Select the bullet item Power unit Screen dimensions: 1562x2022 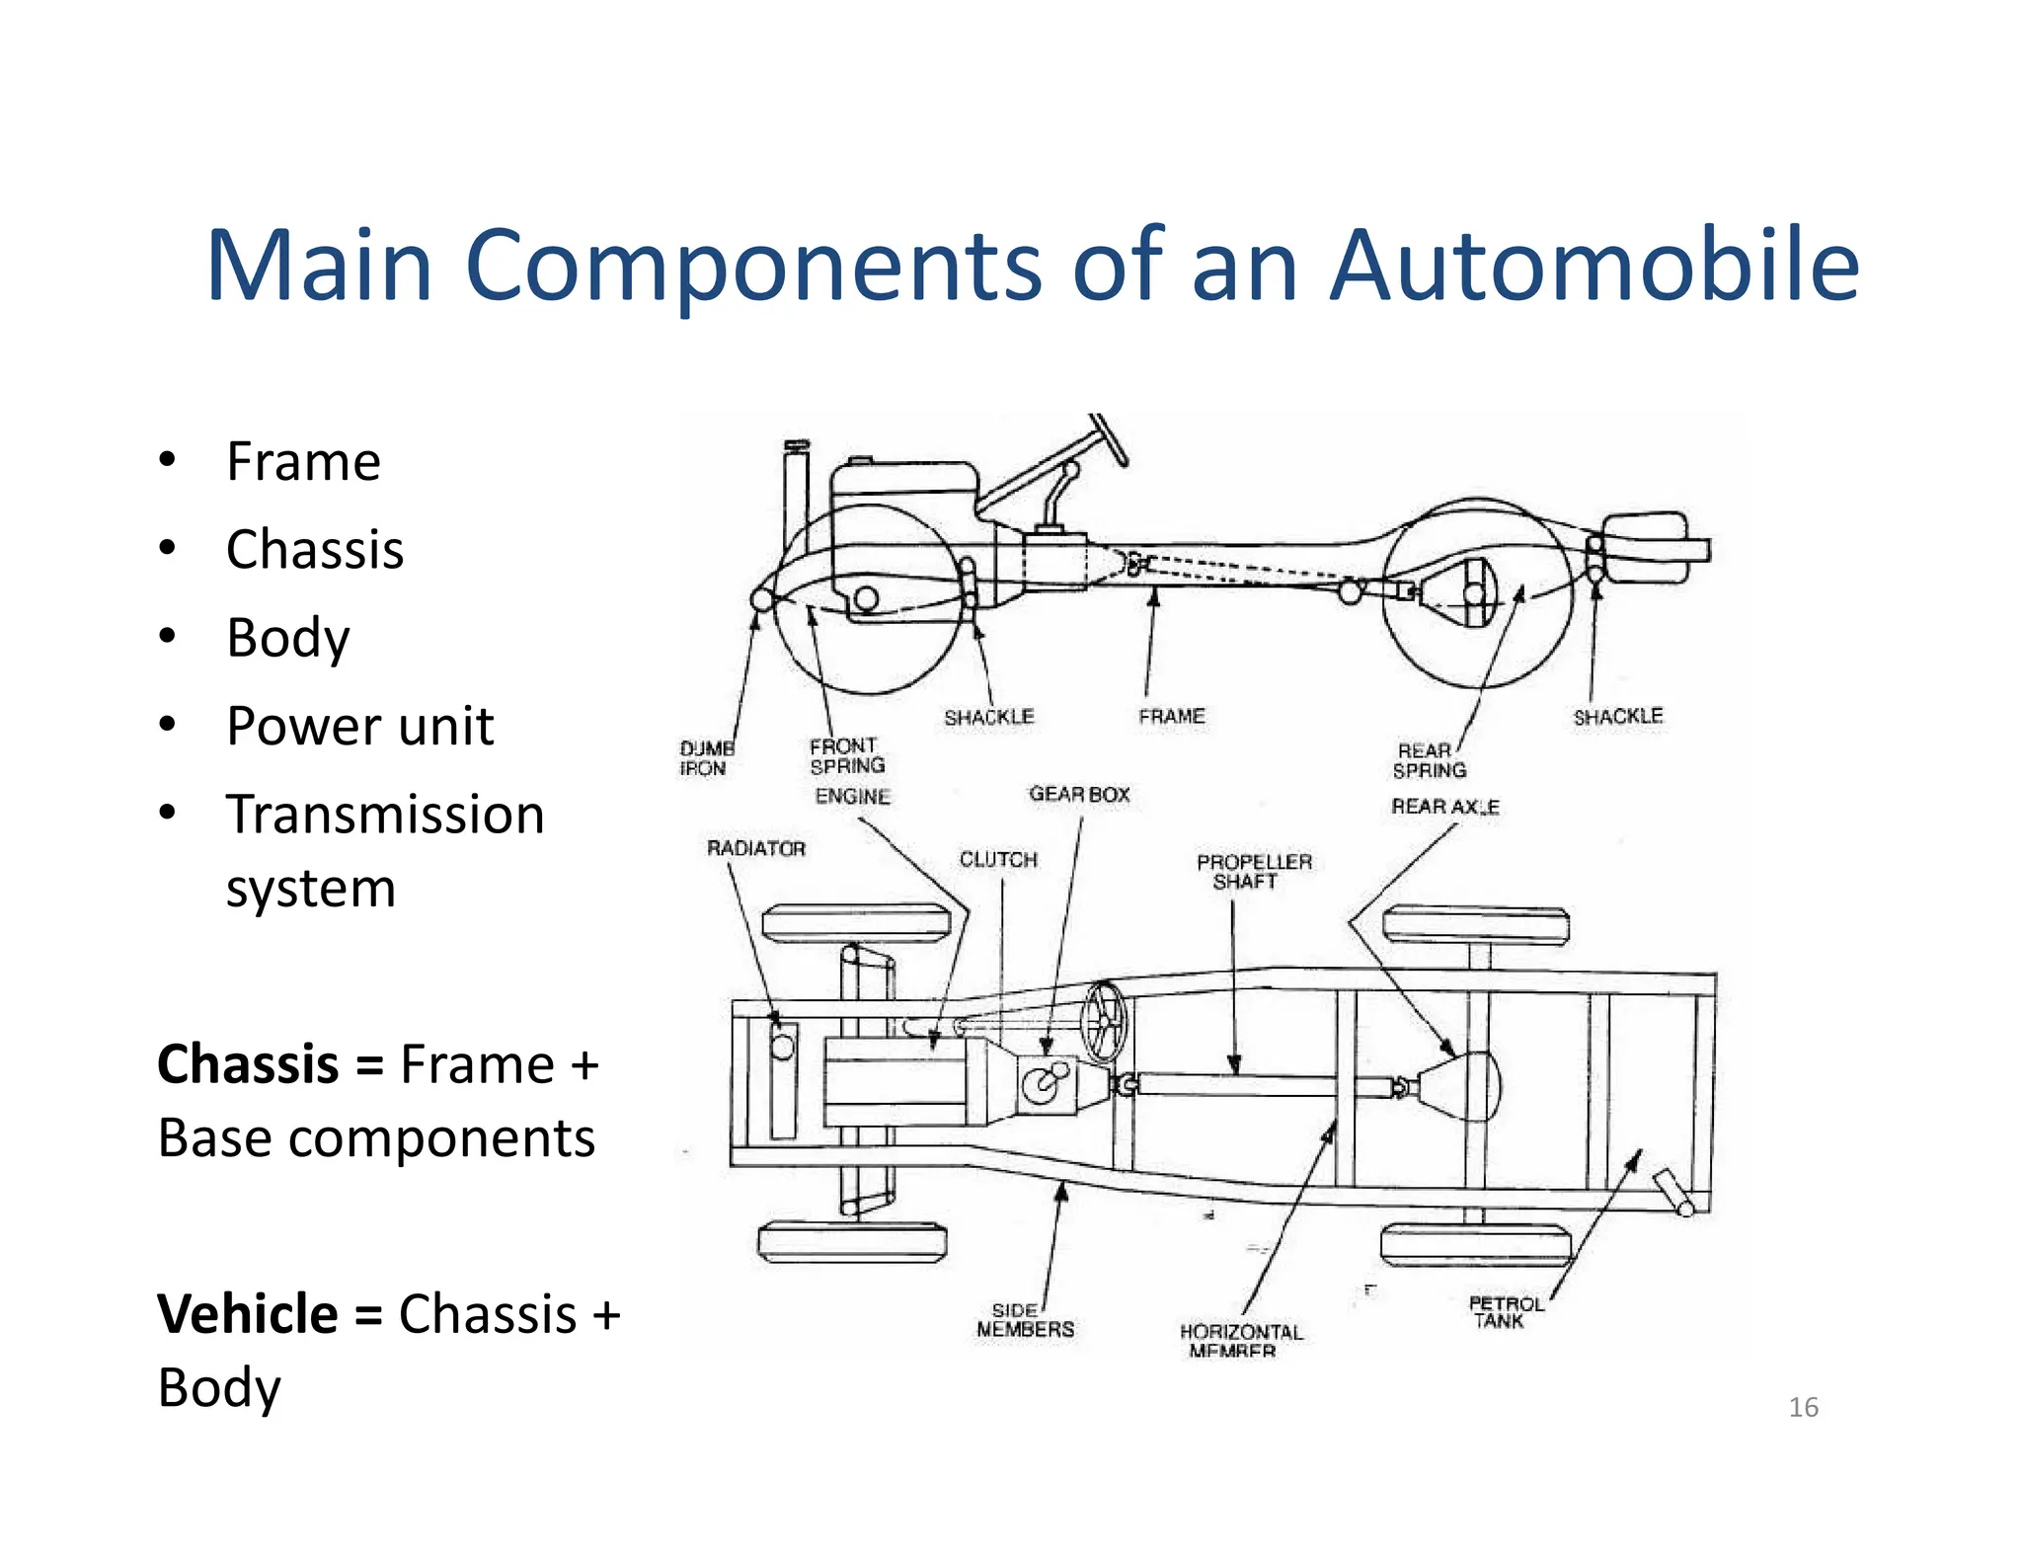tap(359, 727)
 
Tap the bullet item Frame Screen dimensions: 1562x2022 tap(303, 461)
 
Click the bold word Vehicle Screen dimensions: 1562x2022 tap(248, 1314)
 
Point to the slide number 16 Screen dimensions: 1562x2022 tap(1803, 1407)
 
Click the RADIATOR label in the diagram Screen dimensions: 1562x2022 tap(756, 848)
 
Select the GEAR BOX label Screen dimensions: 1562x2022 tap(1079, 794)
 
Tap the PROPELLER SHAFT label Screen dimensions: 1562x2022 tap(1254, 871)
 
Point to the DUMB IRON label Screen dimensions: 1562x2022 tap(705, 758)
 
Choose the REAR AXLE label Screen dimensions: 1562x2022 tap(1445, 807)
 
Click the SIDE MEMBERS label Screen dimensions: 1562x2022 tap(1025, 1320)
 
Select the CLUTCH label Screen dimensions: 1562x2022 tap(998, 859)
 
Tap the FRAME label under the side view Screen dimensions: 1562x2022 tap(1171, 716)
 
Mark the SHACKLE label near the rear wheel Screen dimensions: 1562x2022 tap(1617, 716)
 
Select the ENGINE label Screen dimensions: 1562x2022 tap(852, 796)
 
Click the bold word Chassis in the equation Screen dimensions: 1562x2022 tap(248, 1064)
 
